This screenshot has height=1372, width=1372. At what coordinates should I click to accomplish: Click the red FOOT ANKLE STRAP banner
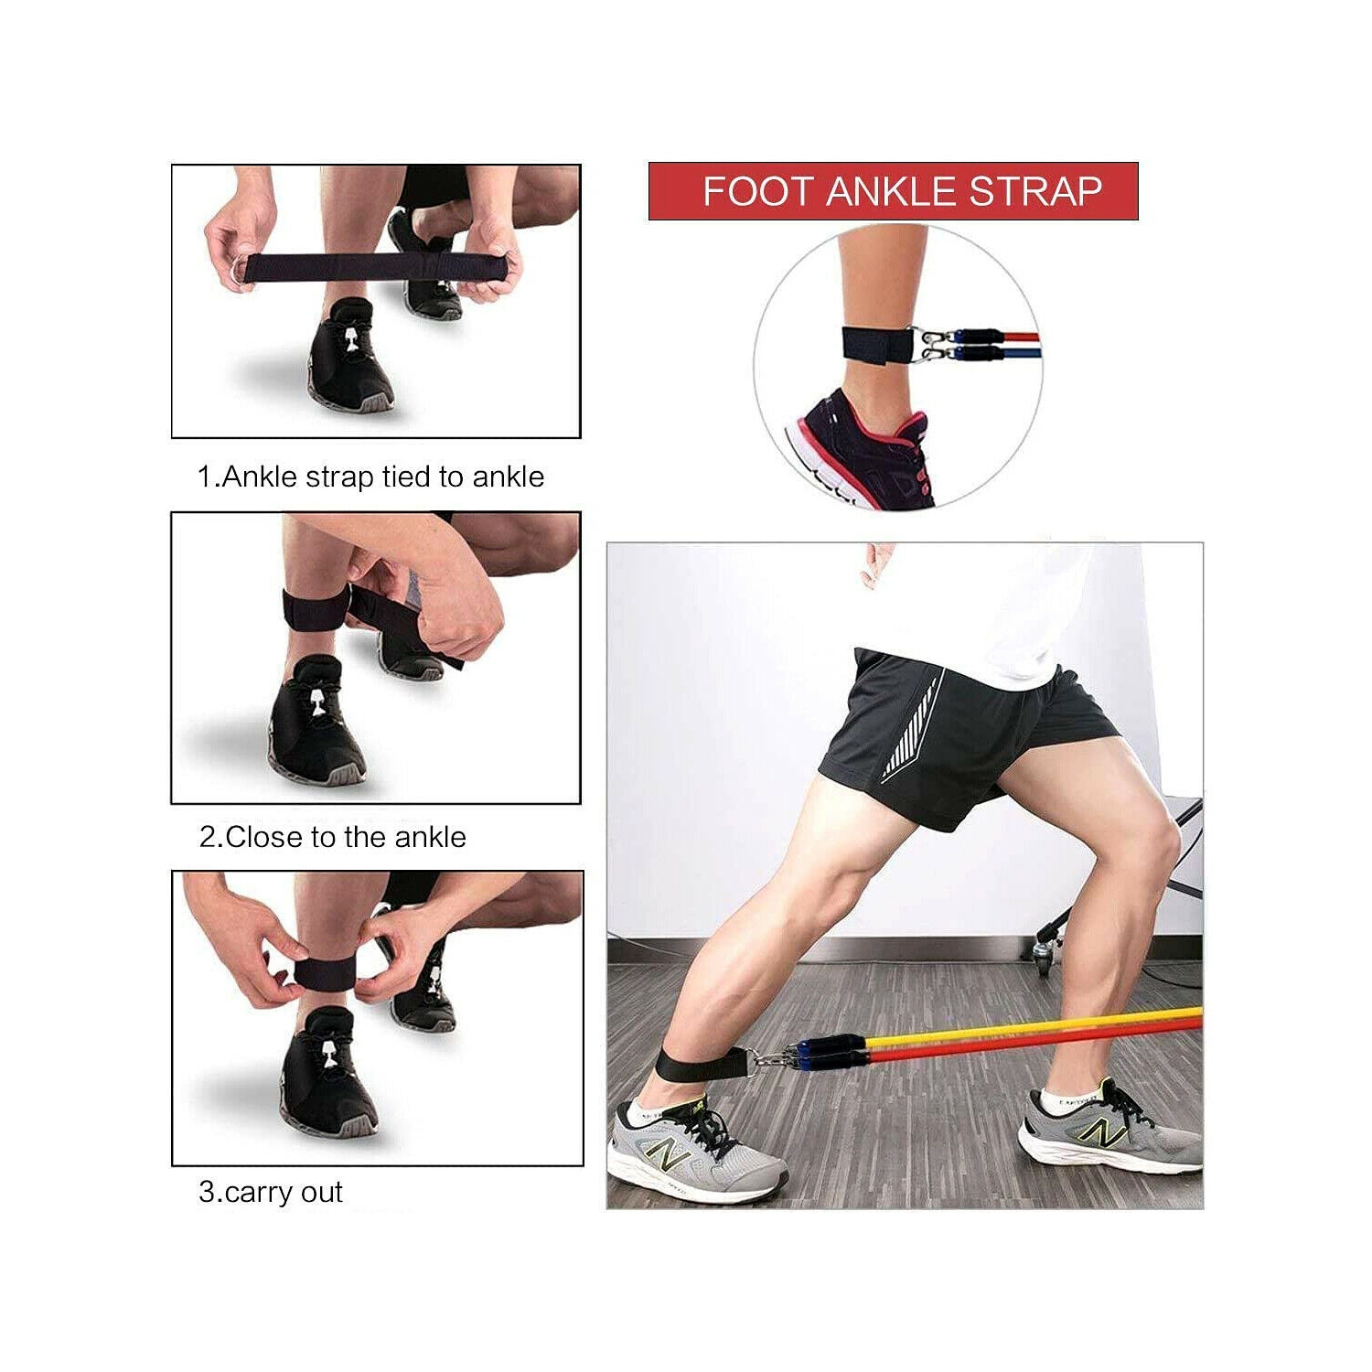(x=893, y=191)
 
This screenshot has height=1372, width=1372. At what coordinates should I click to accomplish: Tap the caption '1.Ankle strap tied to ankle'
(x=370, y=477)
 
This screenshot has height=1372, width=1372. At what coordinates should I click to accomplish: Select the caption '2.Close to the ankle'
(x=333, y=837)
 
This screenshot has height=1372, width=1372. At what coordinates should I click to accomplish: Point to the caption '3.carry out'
(x=271, y=1192)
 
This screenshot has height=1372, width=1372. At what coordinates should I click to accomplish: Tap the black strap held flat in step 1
(x=375, y=268)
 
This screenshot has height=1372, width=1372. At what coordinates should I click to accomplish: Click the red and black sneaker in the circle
(x=860, y=448)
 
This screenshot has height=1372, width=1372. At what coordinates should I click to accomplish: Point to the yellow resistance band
(x=1034, y=1029)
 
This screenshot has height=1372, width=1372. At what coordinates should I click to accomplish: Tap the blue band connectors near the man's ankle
(x=829, y=1052)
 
